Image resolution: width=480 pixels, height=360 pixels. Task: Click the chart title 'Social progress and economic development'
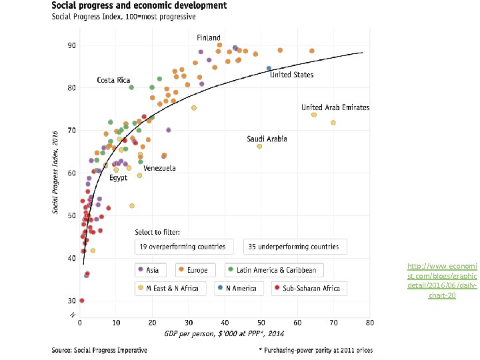[x=139, y=5]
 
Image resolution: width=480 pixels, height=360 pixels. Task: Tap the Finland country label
[x=208, y=37]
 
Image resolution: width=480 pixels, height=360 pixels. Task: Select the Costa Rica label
[x=114, y=80]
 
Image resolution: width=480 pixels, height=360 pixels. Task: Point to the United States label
[x=291, y=75]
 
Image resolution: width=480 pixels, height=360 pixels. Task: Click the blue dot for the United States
[x=269, y=68]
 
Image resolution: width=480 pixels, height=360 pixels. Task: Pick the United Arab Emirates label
[x=335, y=107]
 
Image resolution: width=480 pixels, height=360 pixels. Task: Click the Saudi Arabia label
[x=267, y=139]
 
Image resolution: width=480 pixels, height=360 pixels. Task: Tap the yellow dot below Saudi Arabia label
[x=259, y=146]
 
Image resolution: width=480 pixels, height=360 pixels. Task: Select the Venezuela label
[x=159, y=168]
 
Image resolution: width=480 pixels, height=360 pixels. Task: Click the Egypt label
[x=118, y=178]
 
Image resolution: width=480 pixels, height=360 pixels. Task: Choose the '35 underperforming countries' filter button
[x=295, y=247]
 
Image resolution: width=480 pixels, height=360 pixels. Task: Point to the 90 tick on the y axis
[x=71, y=45]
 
